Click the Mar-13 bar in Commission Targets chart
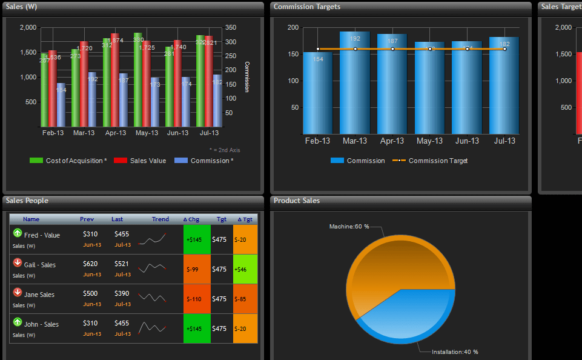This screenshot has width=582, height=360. (x=355, y=85)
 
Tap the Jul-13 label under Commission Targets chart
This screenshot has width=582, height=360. (x=504, y=141)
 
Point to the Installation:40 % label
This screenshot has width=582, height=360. (x=454, y=352)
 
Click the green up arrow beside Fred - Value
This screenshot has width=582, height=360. (x=17, y=233)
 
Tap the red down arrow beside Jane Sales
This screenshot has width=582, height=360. (x=17, y=292)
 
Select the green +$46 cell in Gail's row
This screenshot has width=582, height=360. (x=245, y=269)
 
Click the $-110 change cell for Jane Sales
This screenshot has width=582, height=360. (x=197, y=299)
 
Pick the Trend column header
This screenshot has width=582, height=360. (x=160, y=219)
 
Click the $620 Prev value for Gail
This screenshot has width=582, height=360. (x=90, y=264)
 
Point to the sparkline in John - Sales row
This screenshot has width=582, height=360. (x=153, y=328)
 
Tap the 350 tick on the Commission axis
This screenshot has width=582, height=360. (x=231, y=27)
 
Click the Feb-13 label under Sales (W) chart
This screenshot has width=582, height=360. (x=52, y=133)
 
